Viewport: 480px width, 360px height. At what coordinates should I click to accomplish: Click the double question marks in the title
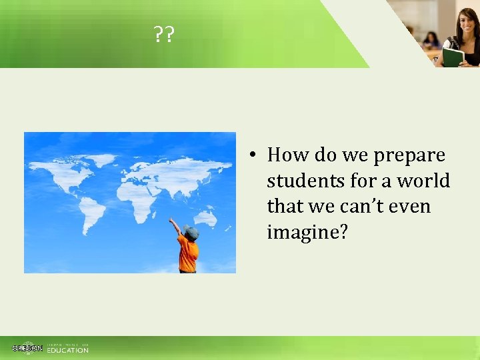163,34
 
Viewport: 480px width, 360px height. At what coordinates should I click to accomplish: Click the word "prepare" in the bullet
409,155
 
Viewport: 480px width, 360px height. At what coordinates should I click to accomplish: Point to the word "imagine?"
307,233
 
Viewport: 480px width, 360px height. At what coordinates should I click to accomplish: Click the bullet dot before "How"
254,156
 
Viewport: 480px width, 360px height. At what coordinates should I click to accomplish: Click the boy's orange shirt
188,253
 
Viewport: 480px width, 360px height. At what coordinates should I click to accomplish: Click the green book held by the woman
453,57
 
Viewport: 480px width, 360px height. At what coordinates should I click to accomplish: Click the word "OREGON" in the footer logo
27,348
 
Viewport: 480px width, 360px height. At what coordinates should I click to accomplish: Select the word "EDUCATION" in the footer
67,350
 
